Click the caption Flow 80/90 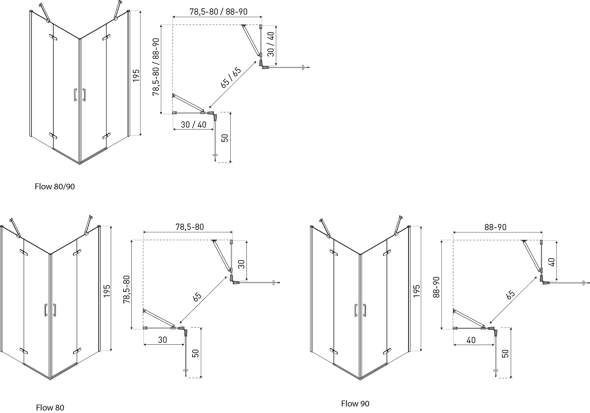(x=55, y=187)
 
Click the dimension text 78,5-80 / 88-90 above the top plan (x=218, y=12)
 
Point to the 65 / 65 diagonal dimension (x=231, y=78)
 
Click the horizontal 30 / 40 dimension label (x=193, y=124)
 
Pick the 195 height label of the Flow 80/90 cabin (x=136, y=75)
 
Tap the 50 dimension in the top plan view (x=225, y=138)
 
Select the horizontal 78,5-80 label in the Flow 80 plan (x=189, y=227)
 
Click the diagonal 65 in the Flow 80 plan (x=197, y=297)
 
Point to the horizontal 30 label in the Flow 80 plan (x=162, y=340)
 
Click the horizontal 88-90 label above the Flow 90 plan (x=495, y=227)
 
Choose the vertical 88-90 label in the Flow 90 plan (x=436, y=287)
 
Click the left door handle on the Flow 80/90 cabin (x=75, y=95)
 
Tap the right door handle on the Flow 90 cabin (x=364, y=310)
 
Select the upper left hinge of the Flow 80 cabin (x=24, y=252)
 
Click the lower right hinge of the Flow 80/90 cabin (x=106, y=136)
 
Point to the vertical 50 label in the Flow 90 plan (x=505, y=353)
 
